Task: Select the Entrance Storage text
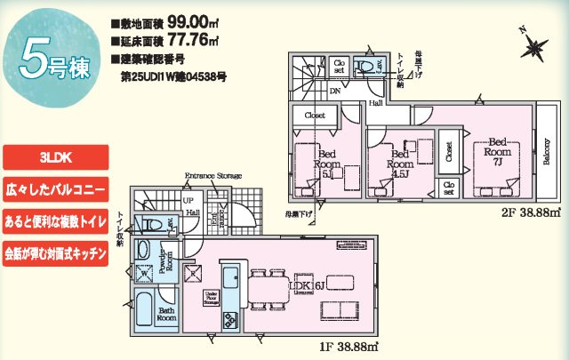tap(212, 178)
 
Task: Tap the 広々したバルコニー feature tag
tap(56, 191)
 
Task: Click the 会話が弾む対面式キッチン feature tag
tap(56, 253)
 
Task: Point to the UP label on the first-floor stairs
tap(188, 202)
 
